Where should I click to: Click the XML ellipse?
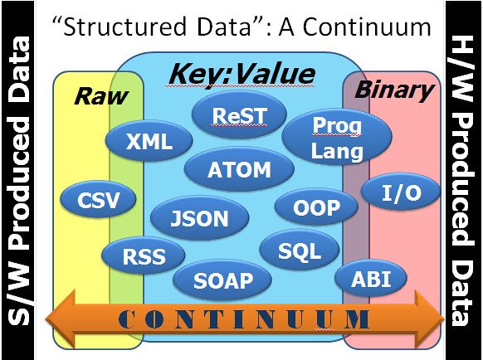tap(149, 141)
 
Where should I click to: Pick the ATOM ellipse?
tap(239, 169)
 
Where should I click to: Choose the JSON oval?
tap(199, 218)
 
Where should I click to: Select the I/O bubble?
tap(401, 194)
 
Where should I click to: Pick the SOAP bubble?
tap(222, 280)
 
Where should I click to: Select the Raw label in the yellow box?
tap(101, 96)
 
